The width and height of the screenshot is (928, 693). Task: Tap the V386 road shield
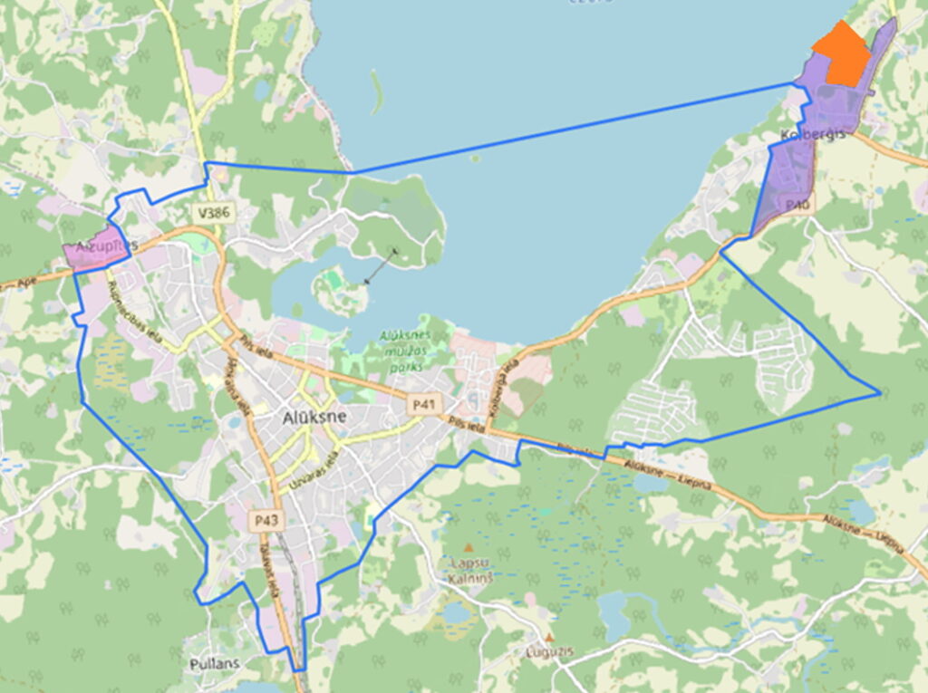pyautogui.click(x=215, y=214)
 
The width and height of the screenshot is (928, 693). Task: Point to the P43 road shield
pyautogui.click(x=266, y=520)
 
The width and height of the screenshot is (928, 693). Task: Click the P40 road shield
pyautogui.click(x=797, y=206)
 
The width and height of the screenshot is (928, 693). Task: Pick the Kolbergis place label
pyautogui.click(x=812, y=134)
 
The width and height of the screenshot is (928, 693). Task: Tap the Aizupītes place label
pyautogui.click(x=106, y=245)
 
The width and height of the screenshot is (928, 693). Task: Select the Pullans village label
pyautogui.click(x=215, y=663)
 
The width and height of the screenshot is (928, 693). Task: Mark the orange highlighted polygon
pyautogui.click(x=842, y=55)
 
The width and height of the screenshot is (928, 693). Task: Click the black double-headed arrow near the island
pyautogui.click(x=380, y=266)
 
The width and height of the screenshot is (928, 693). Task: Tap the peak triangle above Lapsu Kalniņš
pyautogui.click(x=469, y=547)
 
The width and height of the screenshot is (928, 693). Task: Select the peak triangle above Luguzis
pyautogui.click(x=549, y=638)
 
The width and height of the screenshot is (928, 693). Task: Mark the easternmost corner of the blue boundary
pyautogui.click(x=880, y=393)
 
